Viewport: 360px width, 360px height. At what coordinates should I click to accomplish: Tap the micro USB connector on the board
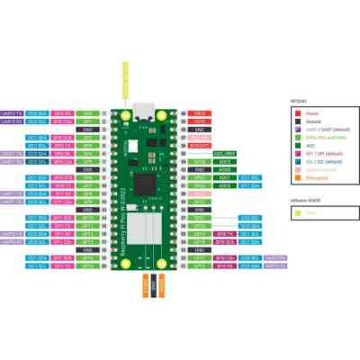point(144,112)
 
